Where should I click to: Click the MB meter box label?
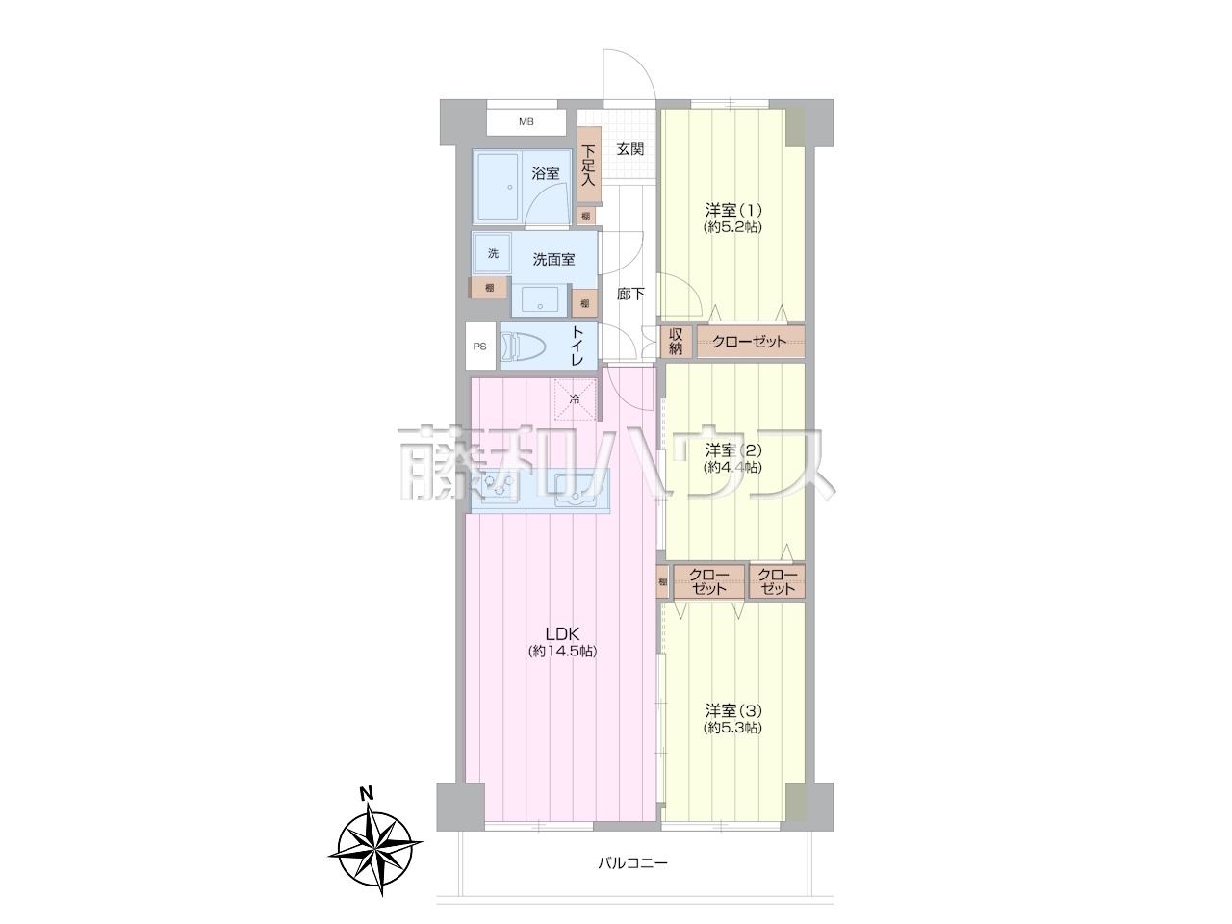[526, 121]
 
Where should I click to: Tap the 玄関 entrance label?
[629, 149]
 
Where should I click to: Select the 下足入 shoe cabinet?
[589, 165]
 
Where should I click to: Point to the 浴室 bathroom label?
[546, 173]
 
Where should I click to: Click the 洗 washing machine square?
[492, 253]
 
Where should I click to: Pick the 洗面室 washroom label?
[553, 260]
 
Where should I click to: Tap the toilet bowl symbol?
[523, 346]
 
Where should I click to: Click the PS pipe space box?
[480, 346]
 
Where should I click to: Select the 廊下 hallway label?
[630, 294]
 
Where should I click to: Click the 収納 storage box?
[676, 342]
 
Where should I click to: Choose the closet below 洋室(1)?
[751, 342]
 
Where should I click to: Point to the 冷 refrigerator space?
[575, 399]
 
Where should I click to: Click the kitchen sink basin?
[576, 490]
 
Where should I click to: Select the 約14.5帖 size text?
[562, 652]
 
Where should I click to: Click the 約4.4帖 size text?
[733, 467]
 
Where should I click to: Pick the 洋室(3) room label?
[733, 711]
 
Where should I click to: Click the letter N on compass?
[367, 794]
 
